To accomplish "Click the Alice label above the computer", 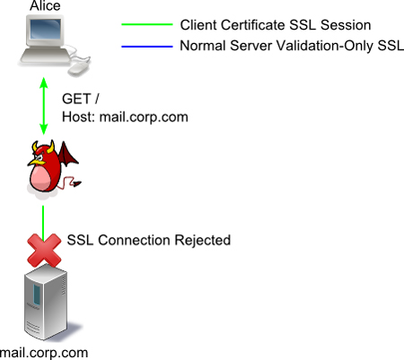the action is (45, 5).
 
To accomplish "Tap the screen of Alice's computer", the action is (46, 30).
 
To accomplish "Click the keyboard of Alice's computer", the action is (46, 57).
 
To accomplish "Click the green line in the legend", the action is (147, 24).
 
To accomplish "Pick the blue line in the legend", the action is (147, 47).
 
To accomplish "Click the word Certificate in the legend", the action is (253, 25).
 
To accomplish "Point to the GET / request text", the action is (80, 99).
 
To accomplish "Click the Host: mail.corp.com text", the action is (125, 117).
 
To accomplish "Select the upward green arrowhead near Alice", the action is (44, 83).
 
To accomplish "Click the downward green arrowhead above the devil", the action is (44, 129).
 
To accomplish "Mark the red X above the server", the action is (44, 250).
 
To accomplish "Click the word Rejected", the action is (202, 241).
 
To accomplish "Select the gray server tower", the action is (46, 302).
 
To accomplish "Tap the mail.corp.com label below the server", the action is (44, 353).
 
